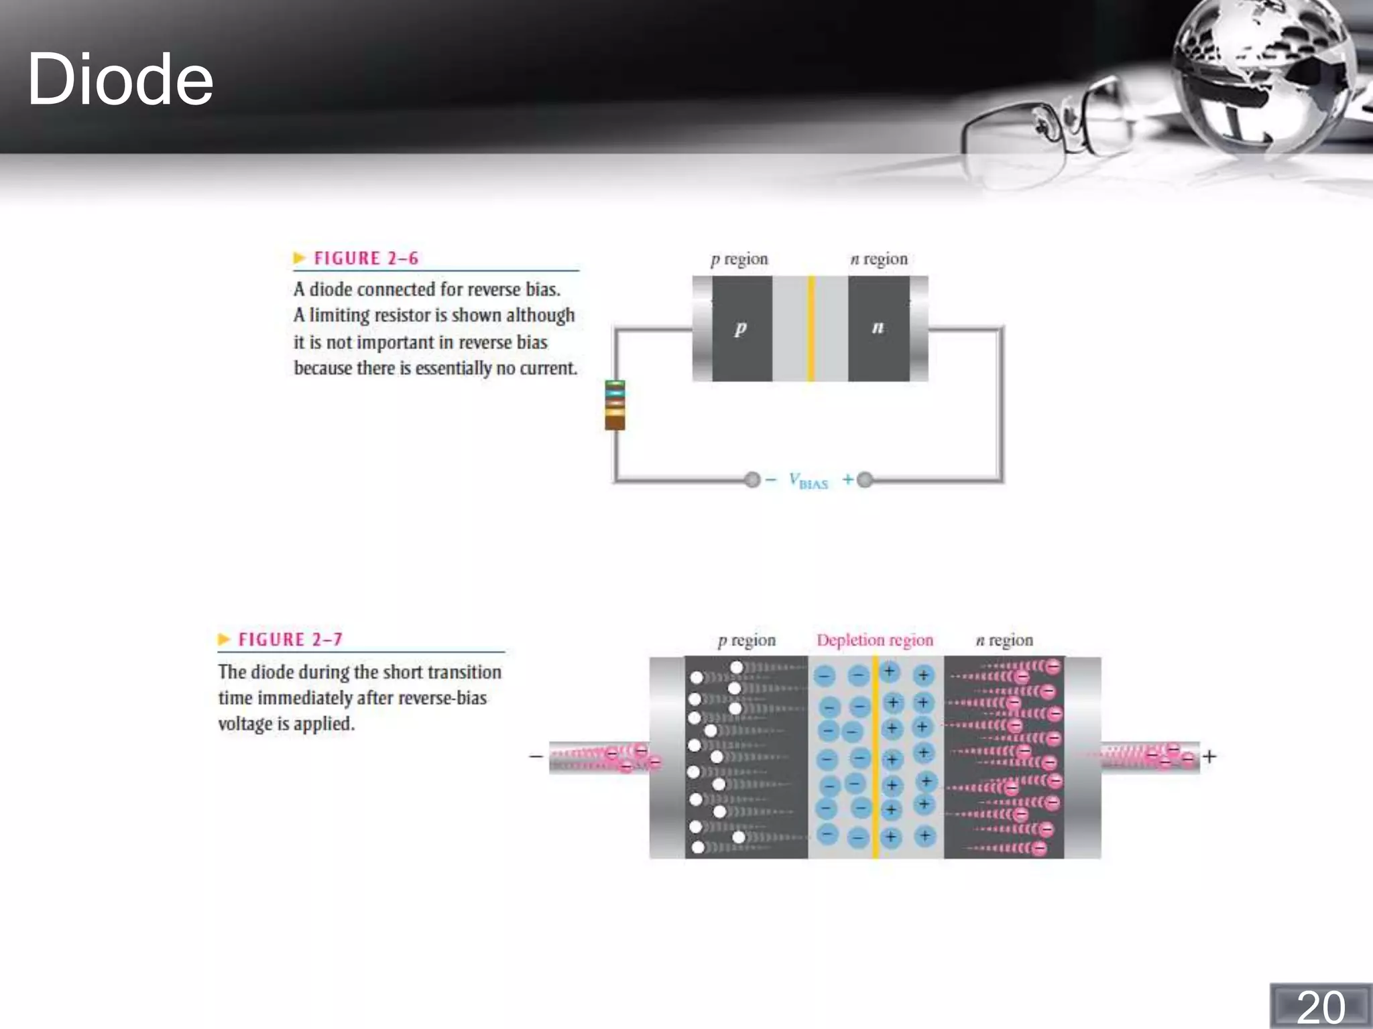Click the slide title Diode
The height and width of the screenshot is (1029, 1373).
coord(120,80)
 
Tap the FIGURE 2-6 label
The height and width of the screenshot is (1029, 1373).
coord(365,259)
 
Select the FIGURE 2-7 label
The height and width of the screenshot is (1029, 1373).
coord(290,640)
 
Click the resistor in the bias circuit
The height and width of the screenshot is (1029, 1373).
coord(615,405)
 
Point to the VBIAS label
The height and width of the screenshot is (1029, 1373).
coord(809,480)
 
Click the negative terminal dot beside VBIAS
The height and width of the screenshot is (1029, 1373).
coord(752,480)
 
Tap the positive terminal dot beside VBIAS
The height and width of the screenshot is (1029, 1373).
coord(865,480)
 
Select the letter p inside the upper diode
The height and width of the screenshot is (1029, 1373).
coord(740,328)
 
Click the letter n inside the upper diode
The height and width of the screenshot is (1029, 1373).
coord(878,328)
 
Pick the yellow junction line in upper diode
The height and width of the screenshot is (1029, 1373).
coord(811,328)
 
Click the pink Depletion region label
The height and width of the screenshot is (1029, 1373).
coord(874,640)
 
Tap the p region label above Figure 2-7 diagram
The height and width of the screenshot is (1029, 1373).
coord(746,640)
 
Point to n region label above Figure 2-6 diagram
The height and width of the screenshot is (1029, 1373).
coord(879,259)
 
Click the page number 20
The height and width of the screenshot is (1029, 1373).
coord(1320,1007)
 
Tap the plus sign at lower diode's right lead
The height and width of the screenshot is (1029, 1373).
coord(1209,757)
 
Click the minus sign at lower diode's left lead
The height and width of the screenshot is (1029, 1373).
coord(536,757)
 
